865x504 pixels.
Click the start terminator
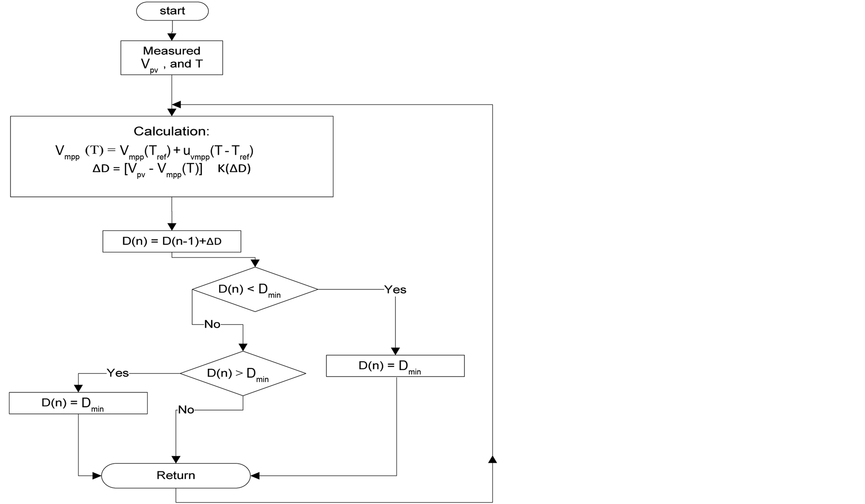click(x=172, y=11)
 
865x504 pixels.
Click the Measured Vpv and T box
click(x=172, y=57)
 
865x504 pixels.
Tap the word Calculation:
click(x=171, y=131)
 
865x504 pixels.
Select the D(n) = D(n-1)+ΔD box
click(x=172, y=241)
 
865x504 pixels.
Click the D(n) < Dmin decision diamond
click(x=254, y=289)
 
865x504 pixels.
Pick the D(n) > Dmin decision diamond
click(x=243, y=374)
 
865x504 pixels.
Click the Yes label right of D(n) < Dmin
click(x=395, y=289)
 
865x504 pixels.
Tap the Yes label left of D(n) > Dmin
click(x=117, y=373)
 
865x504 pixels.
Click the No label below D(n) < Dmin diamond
click(x=212, y=324)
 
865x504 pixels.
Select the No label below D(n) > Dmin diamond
click(x=186, y=410)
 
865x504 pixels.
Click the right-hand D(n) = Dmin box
click(x=395, y=366)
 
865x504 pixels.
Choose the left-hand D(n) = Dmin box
click(x=78, y=403)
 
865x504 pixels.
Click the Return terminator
click(x=176, y=475)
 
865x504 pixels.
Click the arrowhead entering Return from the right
click(x=255, y=476)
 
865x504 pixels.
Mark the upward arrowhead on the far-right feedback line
click(x=492, y=460)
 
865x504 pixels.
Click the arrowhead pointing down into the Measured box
click(x=172, y=37)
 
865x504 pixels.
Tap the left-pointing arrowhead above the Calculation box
click(x=176, y=104)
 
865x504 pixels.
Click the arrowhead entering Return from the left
click(x=96, y=476)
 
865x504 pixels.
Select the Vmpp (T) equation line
click(x=154, y=151)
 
